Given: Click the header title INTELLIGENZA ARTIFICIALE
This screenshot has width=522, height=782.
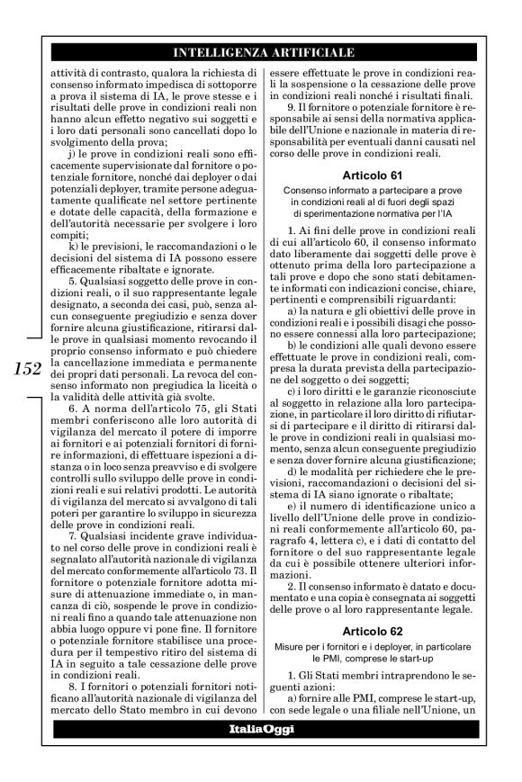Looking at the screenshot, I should click(261, 50).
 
